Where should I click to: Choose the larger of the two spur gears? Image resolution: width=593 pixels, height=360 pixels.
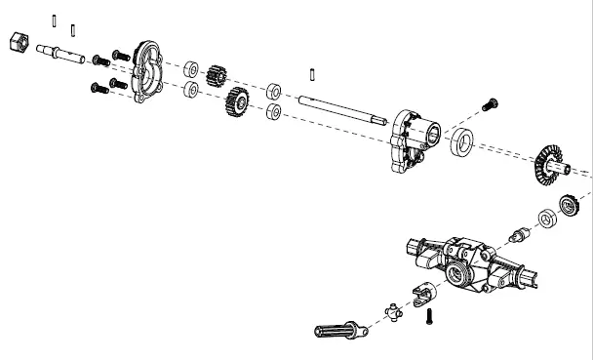pos(234,100)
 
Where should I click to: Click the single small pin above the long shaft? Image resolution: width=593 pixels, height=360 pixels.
pos(310,71)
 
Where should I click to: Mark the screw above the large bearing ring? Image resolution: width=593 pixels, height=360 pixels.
pos(490,103)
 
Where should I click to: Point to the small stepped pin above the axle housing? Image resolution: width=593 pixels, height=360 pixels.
pos(521,235)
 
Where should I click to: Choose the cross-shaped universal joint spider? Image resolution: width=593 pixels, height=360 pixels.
pos(393,312)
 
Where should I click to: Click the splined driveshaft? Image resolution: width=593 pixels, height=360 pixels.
pos(341,331)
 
